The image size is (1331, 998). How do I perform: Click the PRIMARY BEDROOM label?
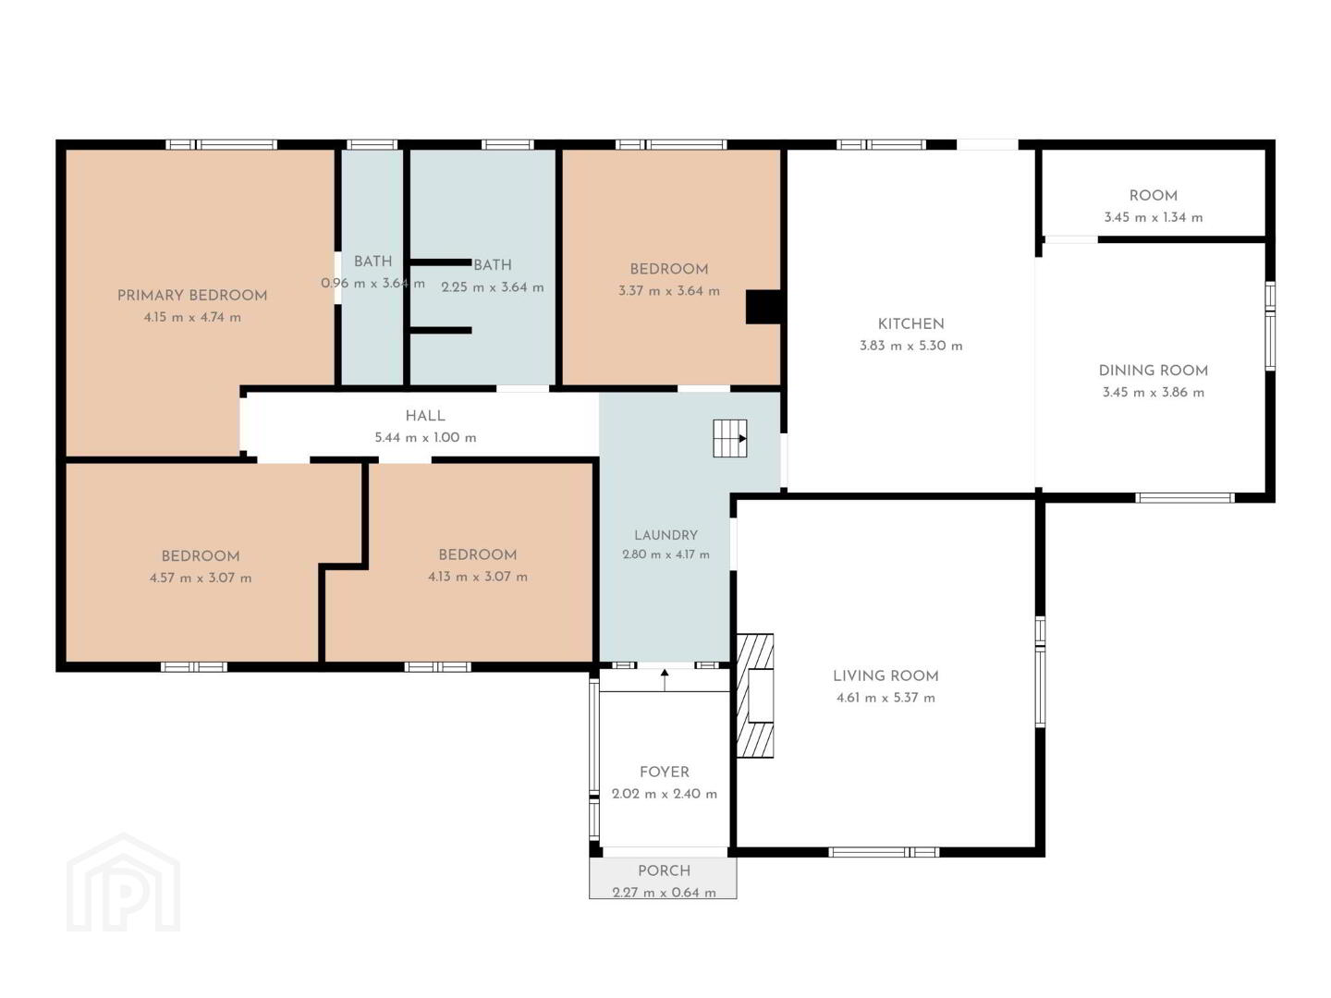pos(191,295)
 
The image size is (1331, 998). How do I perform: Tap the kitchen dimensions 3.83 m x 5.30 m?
pos(910,346)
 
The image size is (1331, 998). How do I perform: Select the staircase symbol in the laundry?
pos(729,437)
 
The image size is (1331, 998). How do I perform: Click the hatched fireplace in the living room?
pos(755,695)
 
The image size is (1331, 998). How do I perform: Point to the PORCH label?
pos(664,870)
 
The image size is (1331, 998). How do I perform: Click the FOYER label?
pos(664,772)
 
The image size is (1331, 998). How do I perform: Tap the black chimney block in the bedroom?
pos(763,307)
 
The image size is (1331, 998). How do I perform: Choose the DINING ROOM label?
pos(1153,371)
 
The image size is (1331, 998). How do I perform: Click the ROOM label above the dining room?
pos(1153,196)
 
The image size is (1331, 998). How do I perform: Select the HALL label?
pos(425,416)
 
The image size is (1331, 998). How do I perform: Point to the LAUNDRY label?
pos(665,535)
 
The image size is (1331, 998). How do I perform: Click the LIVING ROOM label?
pos(885,675)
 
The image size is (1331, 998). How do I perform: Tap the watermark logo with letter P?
pos(123,882)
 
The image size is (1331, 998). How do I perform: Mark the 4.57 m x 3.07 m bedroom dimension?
pos(200,578)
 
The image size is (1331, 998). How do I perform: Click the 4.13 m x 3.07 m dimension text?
pos(477,577)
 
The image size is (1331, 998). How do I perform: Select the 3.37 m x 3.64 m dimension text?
pos(669,291)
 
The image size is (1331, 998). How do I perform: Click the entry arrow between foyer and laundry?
pos(665,680)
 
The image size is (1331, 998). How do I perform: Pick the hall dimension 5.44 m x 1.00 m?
pos(425,437)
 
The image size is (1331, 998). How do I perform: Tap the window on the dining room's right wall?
pos(1270,326)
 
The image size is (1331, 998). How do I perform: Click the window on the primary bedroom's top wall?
pos(221,144)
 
